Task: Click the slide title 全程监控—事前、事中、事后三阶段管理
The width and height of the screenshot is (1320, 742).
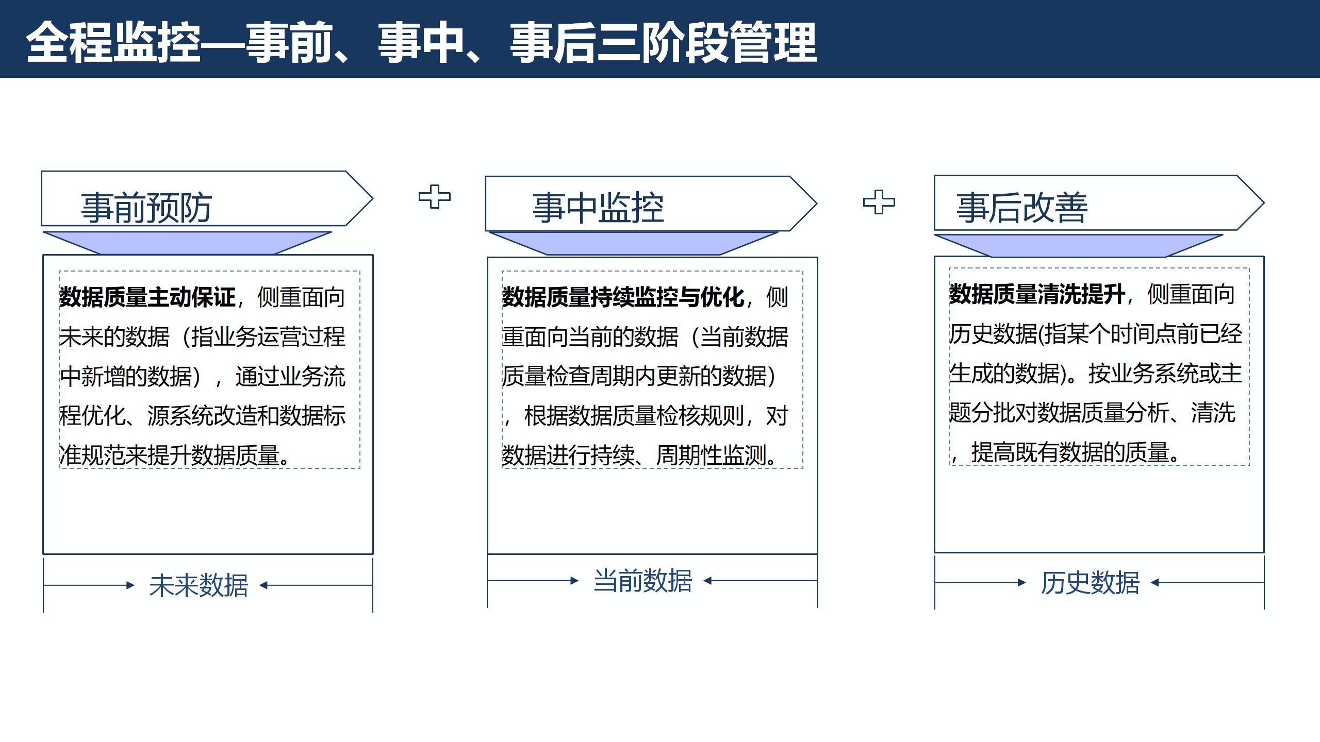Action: [421, 42]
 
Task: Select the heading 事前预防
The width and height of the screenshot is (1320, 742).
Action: [146, 208]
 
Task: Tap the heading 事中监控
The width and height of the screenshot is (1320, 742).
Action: [598, 208]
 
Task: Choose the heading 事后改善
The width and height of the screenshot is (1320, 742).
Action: [1021, 208]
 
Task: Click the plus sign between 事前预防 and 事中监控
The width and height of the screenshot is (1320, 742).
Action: [434, 197]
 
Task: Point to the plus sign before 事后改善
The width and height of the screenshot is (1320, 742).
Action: [879, 202]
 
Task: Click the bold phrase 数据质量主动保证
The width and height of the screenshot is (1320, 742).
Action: [147, 297]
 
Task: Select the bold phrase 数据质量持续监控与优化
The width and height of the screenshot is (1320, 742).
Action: [623, 297]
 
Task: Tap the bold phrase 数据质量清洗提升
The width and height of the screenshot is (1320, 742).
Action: [1037, 294]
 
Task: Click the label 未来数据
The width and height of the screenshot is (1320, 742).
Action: [199, 586]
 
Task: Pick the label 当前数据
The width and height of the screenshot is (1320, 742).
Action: [642, 581]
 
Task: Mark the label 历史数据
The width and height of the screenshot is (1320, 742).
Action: [1090, 583]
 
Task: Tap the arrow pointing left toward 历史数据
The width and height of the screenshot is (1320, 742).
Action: [1207, 583]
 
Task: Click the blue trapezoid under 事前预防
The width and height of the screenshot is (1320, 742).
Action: [187, 243]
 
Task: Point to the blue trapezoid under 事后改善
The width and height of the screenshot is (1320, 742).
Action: [1079, 245]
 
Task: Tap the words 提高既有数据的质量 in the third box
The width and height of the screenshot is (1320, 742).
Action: [1070, 452]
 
